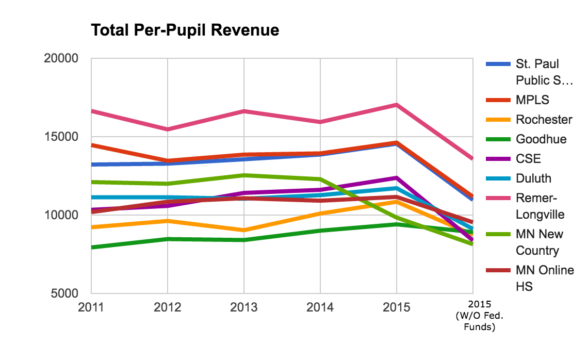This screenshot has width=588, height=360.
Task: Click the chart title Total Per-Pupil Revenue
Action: click(x=185, y=30)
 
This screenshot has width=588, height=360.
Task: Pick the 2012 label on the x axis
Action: click(x=167, y=307)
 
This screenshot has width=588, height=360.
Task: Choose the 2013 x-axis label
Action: click(x=243, y=307)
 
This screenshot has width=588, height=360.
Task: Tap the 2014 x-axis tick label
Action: click(x=320, y=307)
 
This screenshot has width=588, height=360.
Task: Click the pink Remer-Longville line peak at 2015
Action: click(x=396, y=105)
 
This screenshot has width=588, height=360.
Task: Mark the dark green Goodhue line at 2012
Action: click(x=167, y=239)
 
